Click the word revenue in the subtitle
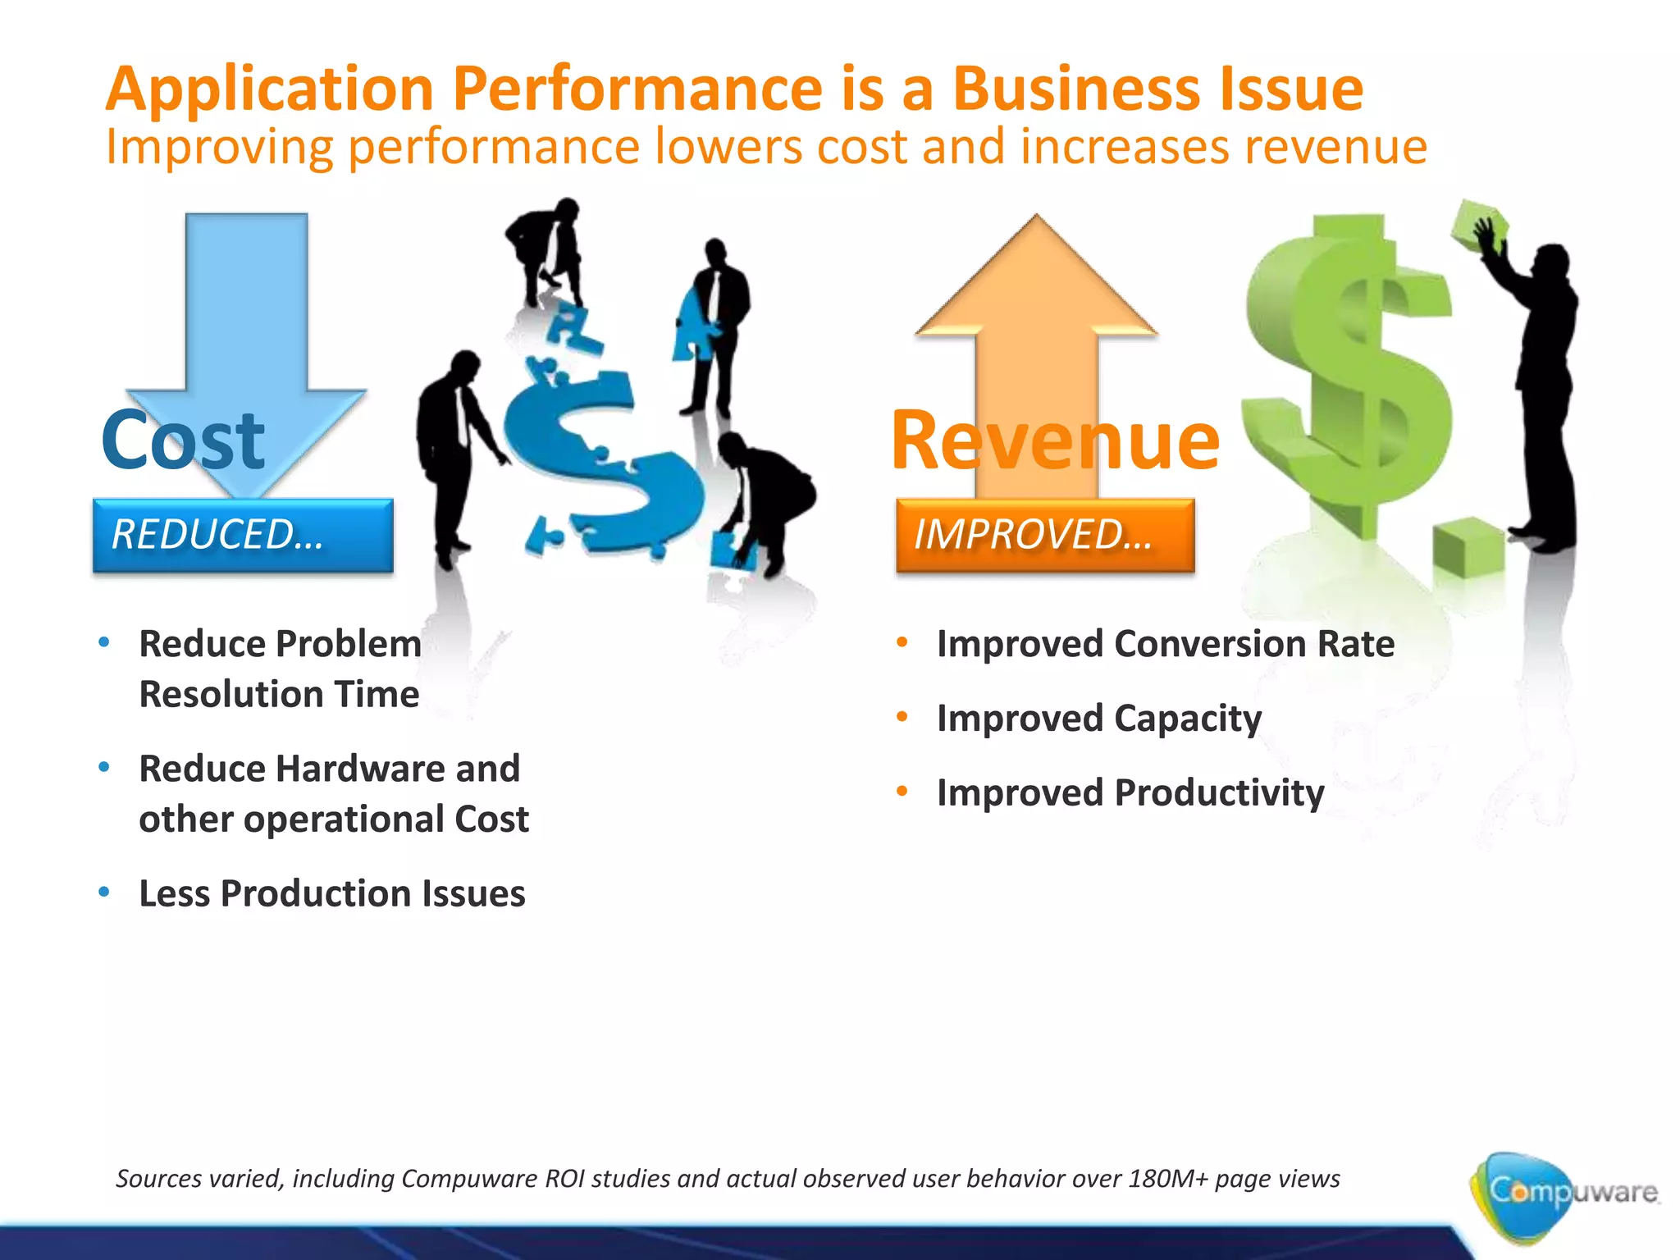click(x=1335, y=148)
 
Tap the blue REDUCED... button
click(x=243, y=535)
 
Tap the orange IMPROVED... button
click(x=1045, y=535)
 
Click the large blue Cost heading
click(x=182, y=441)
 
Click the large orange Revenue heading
click(x=1055, y=441)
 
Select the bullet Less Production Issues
click(x=331, y=893)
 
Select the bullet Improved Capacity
click(x=1098, y=719)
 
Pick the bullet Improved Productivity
click(x=1130, y=793)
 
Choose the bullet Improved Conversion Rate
click(x=1165, y=644)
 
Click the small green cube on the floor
click(x=1468, y=548)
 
